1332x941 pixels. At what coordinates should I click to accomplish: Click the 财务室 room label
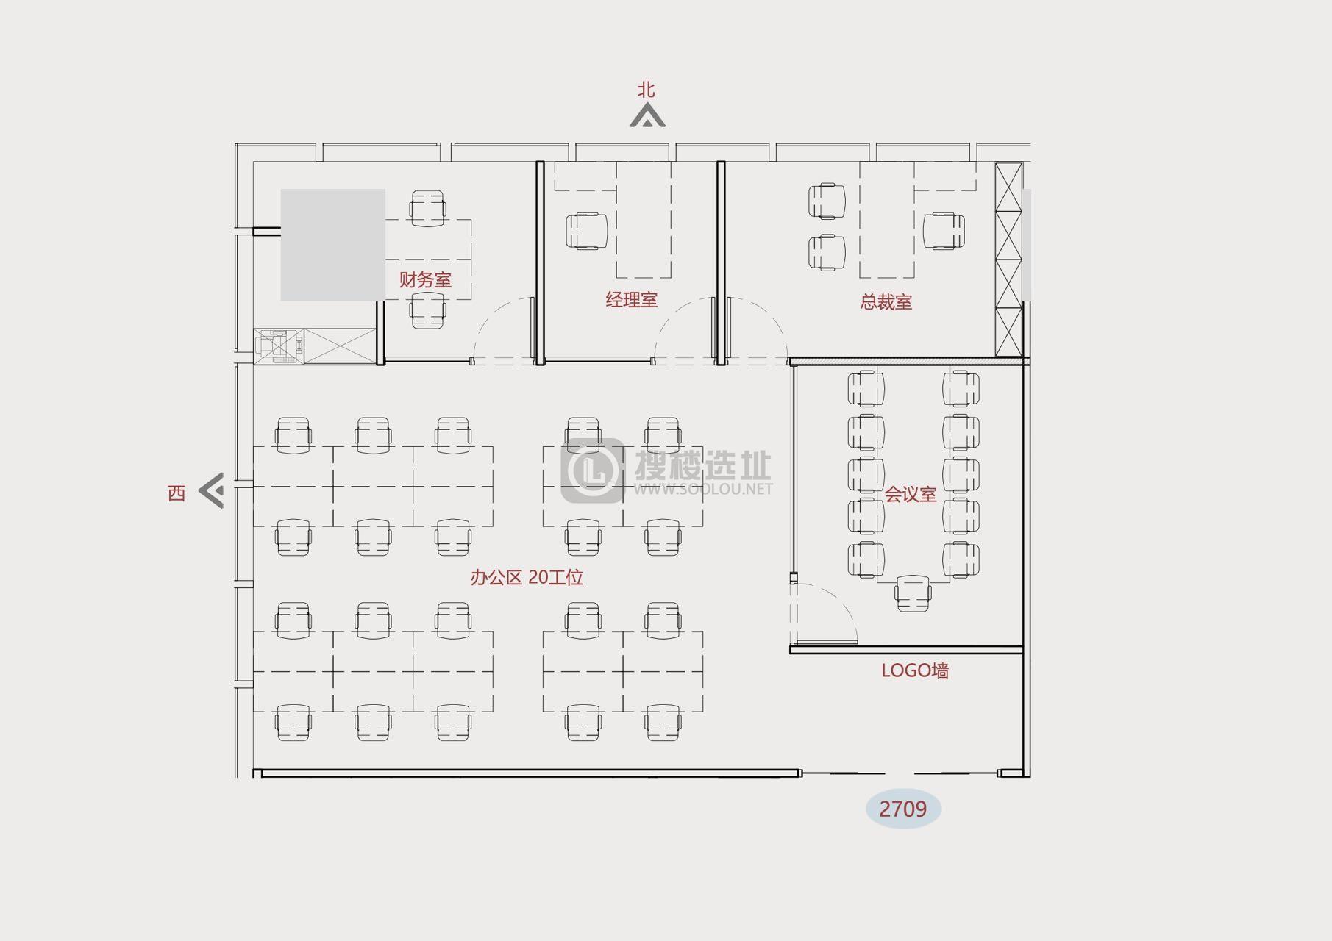coord(425,279)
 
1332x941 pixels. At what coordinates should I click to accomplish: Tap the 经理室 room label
coord(631,299)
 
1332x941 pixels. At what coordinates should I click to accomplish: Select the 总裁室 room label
coord(886,302)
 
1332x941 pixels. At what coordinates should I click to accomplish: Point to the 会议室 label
coord(910,494)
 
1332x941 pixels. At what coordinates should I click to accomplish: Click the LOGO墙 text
coord(915,670)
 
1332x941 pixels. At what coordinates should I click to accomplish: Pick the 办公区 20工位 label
coord(527,577)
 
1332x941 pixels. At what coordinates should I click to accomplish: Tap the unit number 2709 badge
coord(903,809)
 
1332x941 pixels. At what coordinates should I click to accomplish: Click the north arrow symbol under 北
coord(647,116)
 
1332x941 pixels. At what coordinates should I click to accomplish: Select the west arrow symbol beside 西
coord(211,491)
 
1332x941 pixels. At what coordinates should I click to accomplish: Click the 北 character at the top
coord(646,90)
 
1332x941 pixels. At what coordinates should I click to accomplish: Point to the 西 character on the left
coord(177,493)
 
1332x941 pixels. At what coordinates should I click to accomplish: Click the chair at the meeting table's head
coord(913,593)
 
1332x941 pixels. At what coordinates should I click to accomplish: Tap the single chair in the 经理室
coord(588,232)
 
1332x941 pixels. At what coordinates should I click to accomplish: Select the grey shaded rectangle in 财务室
coord(333,245)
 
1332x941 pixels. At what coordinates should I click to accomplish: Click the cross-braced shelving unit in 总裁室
coord(1008,260)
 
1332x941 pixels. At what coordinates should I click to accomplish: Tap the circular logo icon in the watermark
coord(593,470)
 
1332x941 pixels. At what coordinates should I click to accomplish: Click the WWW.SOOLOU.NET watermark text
coord(704,489)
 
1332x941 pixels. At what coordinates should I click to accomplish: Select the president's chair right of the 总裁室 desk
coord(944,232)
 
